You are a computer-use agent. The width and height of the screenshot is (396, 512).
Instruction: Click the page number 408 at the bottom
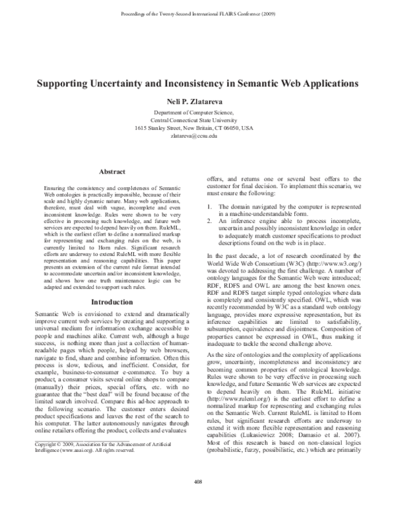tap(198, 501)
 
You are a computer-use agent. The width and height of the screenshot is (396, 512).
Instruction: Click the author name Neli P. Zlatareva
tap(198, 104)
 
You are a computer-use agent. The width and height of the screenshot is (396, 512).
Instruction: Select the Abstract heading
tap(112, 172)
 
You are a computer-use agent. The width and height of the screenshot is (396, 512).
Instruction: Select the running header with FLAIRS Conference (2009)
tap(198, 13)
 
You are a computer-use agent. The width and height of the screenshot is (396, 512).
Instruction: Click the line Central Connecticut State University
tap(198, 120)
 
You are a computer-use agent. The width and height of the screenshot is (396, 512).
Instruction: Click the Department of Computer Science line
tap(198, 113)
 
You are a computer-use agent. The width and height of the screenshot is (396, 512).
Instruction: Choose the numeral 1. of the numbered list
tap(210, 207)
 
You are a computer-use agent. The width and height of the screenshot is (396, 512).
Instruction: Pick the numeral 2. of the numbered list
tap(210, 222)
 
